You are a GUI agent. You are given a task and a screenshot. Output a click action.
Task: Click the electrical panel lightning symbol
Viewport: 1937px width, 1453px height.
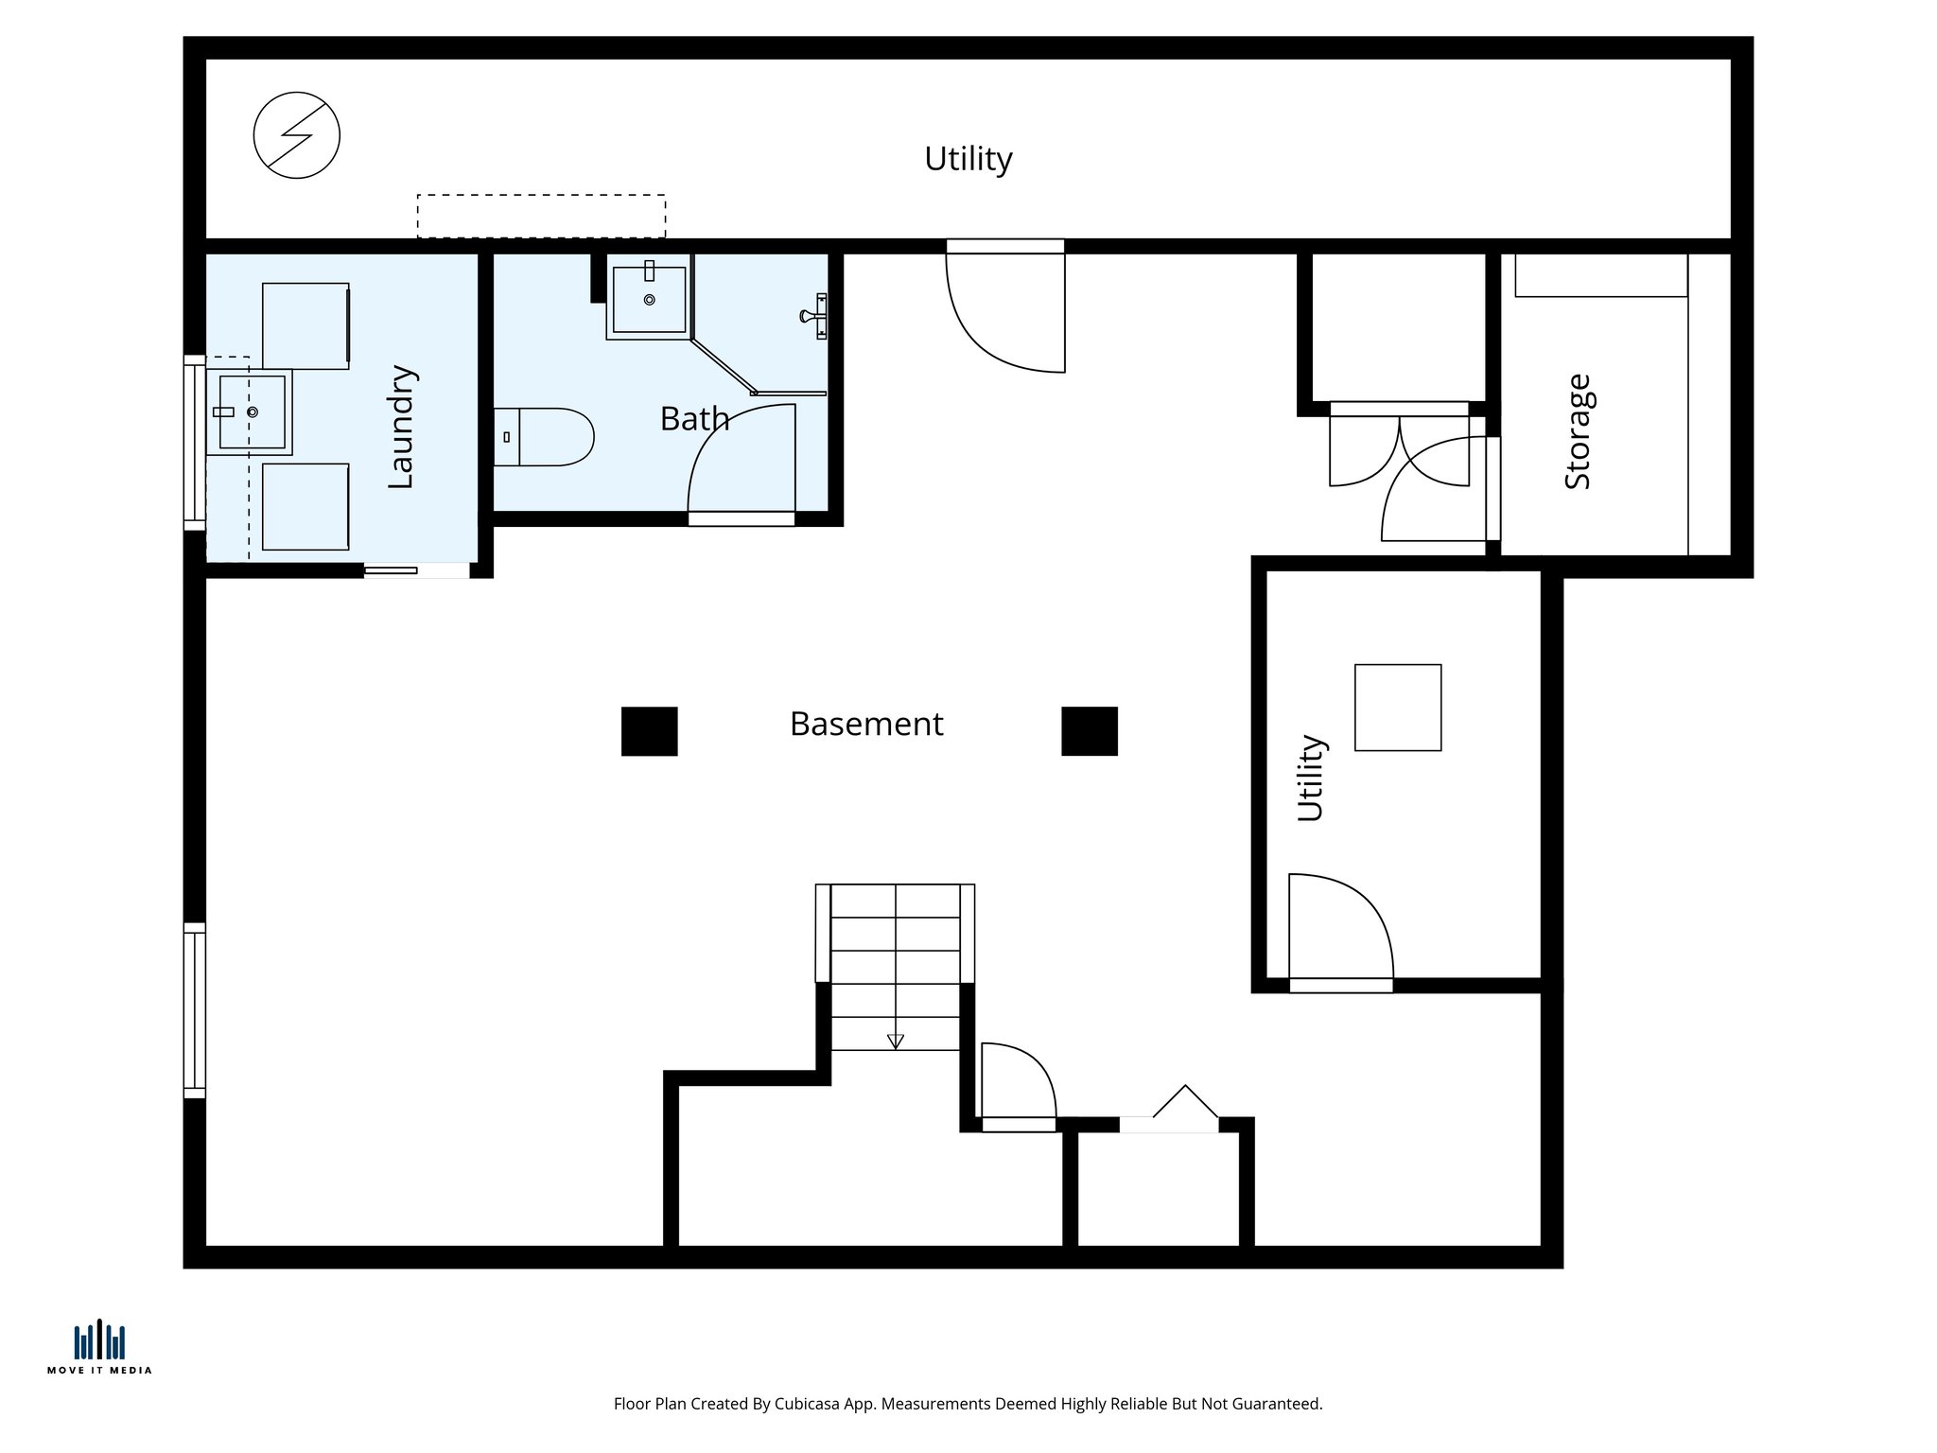click(296, 135)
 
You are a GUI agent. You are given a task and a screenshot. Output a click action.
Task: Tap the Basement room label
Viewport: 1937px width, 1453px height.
click(865, 724)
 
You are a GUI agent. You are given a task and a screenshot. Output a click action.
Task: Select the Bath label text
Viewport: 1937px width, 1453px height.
click(694, 418)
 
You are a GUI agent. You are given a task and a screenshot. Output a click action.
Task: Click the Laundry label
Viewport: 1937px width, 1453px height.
click(401, 427)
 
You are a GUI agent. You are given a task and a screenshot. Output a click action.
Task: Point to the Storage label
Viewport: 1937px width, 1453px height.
click(1578, 431)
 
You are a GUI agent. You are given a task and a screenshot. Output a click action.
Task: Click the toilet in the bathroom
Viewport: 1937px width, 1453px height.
click(544, 437)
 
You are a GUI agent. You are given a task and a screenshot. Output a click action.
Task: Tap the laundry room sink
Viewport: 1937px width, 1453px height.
click(251, 411)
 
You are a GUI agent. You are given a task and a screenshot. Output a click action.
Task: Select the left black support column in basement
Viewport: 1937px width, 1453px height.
click(649, 731)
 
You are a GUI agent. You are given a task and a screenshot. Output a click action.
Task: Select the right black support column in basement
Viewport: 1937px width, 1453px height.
click(1089, 731)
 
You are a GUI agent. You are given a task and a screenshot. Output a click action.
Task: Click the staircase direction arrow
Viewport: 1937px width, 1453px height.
click(895, 1041)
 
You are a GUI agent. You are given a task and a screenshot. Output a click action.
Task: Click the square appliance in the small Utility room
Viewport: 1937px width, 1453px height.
click(1397, 708)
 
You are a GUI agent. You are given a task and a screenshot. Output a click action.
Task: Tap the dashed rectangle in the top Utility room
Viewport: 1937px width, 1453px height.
click(541, 216)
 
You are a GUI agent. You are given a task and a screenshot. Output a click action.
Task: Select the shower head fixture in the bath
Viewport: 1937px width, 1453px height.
click(815, 316)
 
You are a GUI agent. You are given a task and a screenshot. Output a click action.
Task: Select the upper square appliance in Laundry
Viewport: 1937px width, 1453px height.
click(305, 325)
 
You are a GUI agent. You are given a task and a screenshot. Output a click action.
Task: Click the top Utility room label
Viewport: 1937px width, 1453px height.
click(968, 158)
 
